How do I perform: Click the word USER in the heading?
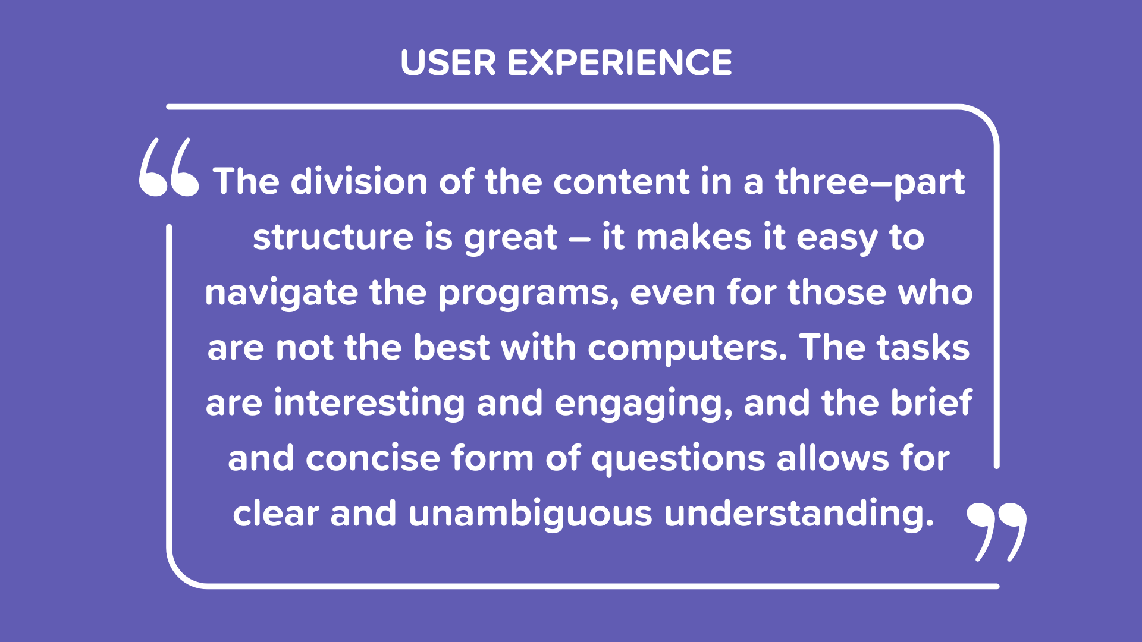point(448,62)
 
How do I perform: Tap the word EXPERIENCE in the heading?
point(620,62)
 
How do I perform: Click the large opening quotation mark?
point(169,167)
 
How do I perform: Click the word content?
point(621,181)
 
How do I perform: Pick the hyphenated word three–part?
point(870,182)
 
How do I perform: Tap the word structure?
point(333,237)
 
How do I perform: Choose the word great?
point(511,238)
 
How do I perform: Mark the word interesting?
point(369,404)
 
